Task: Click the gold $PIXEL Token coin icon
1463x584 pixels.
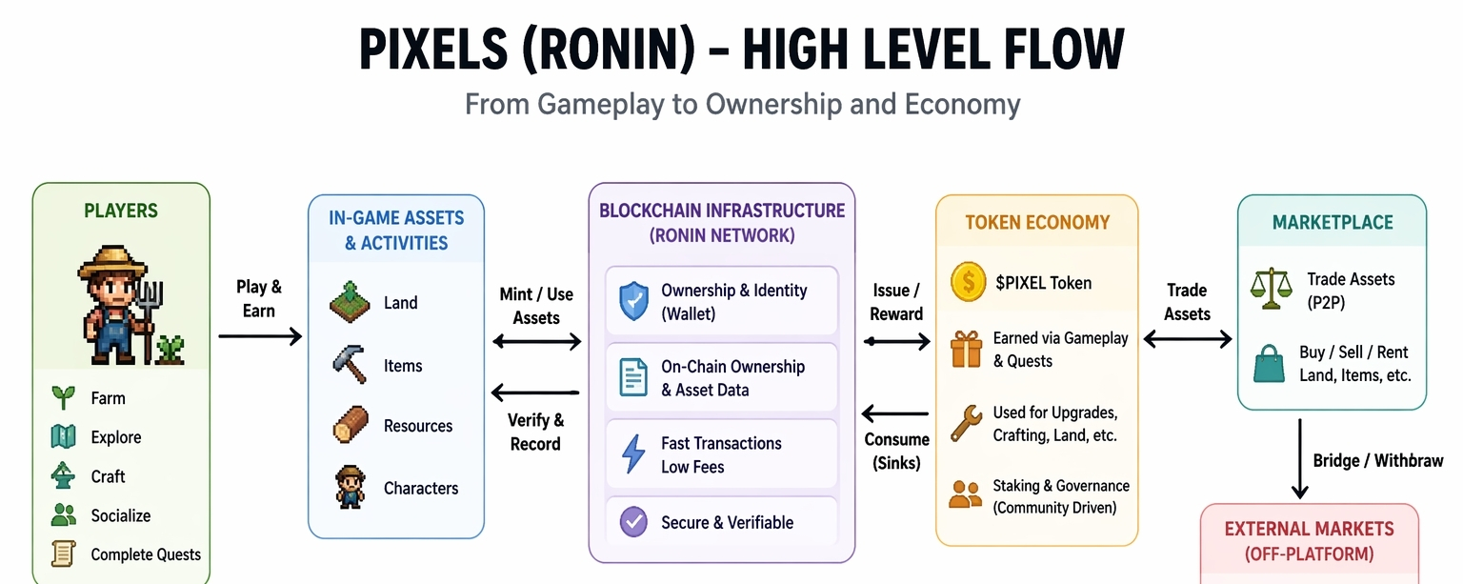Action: coord(968,282)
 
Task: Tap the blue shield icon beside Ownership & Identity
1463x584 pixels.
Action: coord(633,301)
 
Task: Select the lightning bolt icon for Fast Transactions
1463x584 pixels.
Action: coord(632,454)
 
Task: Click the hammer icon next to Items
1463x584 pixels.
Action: coord(350,364)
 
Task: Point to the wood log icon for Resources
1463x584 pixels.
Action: coord(351,425)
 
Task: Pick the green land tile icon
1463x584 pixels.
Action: coord(350,302)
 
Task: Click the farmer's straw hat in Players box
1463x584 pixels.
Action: coord(112,261)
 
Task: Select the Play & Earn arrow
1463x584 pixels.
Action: coord(260,336)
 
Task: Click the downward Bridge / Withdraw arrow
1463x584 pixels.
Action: coord(1300,458)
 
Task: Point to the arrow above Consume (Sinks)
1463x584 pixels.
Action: coord(894,413)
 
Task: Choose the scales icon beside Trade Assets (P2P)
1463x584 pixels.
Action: coord(1271,289)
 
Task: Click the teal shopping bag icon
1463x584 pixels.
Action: coord(1269,364)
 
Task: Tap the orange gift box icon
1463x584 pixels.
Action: coord(966,349)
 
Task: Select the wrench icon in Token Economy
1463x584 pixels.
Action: coord(966,423)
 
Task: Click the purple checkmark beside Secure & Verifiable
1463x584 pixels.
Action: coord(633,522)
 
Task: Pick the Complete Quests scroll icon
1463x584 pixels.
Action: coord(64,554)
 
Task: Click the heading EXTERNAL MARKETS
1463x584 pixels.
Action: coord(1309,529)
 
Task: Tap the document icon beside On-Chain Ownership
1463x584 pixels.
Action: coord(632,377)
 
